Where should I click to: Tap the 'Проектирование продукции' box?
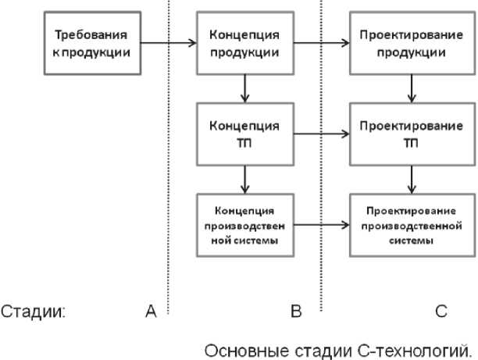410,45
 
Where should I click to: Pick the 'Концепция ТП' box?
245,134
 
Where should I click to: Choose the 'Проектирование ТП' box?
410,134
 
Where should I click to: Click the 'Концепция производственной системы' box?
245,226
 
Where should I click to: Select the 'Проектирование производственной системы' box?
410,226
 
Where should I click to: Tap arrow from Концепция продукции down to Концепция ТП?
245,88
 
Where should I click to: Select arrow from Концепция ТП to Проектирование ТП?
320,134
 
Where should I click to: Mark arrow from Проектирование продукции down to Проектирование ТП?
412,88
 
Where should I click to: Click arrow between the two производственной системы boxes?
320,226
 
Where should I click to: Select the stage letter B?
295,312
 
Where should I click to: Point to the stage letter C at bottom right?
441,312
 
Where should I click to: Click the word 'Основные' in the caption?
240,348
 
